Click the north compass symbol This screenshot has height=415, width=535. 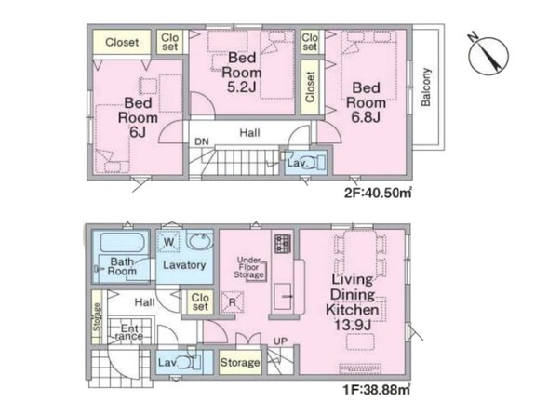pos(488,55)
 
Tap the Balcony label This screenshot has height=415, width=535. pos(426,87)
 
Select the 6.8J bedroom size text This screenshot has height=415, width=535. pos(366,118)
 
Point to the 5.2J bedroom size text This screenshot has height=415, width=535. pos(242,87)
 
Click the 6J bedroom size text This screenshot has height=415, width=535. pos(138,132)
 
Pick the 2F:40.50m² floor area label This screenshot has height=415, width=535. pos(378,194)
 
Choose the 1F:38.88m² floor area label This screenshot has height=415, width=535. pos(377,389)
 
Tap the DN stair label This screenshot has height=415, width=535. pos(202,141)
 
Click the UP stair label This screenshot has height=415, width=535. pos(280,341)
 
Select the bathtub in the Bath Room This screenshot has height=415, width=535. pos(123,243)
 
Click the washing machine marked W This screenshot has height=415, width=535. pos(168,242)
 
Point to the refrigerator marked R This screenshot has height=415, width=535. pos(233,302)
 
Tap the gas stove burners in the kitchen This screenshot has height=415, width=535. pos(283,244)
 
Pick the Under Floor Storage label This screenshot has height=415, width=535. pos(248,267)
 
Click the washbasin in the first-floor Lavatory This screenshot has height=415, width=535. pos(200,241)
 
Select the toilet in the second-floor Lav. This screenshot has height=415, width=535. pos(319,163)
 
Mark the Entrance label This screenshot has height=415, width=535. pos(129,332)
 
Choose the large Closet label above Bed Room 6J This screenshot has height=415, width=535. pos(122,42)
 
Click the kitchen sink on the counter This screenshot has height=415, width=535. pos(283,296)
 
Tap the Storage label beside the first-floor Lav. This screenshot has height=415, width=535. pos(240,362)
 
